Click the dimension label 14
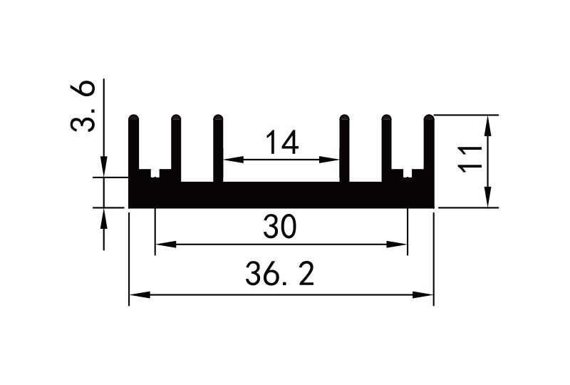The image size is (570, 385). (x=281, y=143)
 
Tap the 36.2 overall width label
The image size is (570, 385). (x=280, y=274)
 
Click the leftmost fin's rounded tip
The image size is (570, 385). (x=133, y=118)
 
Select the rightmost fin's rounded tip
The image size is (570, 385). (x=429, y=118)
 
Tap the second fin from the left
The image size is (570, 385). (x=176, y=146)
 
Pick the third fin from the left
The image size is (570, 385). (x=219, y=146)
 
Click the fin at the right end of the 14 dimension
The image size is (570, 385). (x=344, y=146)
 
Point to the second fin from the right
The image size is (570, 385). (x=387, y=146)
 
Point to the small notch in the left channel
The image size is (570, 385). (x=155, y=173)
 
